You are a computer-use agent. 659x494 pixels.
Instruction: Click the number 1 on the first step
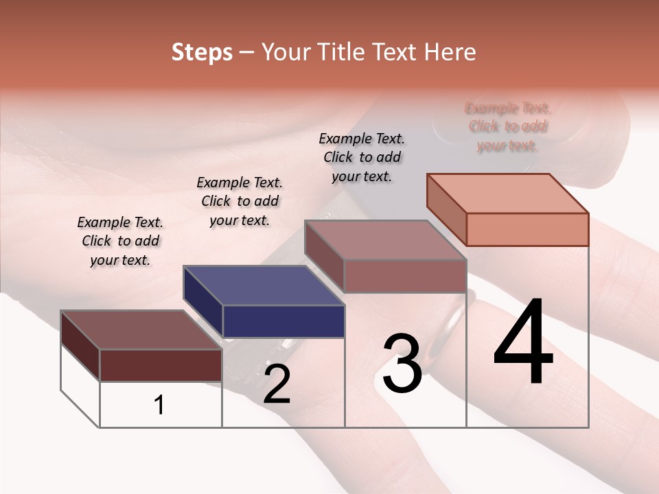[159, 405]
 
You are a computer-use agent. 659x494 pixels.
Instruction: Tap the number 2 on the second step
[277, 384]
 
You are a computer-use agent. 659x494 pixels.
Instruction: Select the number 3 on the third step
[402, 363]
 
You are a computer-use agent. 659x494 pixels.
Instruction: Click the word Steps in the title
[202, 52]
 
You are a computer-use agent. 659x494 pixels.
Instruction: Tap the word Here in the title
[450, 52]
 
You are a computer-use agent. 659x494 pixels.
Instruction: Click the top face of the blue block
[264, 285]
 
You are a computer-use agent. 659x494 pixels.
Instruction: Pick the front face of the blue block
[284, 321]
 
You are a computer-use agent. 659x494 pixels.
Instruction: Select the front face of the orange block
[527, 229]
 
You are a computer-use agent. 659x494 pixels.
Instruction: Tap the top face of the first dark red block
[141, 330]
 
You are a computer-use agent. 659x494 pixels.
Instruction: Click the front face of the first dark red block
[161, 365]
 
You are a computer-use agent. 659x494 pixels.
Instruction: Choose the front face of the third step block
[405, 276]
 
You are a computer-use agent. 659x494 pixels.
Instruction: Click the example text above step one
[120, 241]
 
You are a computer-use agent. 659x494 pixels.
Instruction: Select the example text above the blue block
[240, 201]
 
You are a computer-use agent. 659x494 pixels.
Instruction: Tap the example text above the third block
[362, 157]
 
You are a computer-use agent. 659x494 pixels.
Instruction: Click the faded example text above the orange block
[508, 127]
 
